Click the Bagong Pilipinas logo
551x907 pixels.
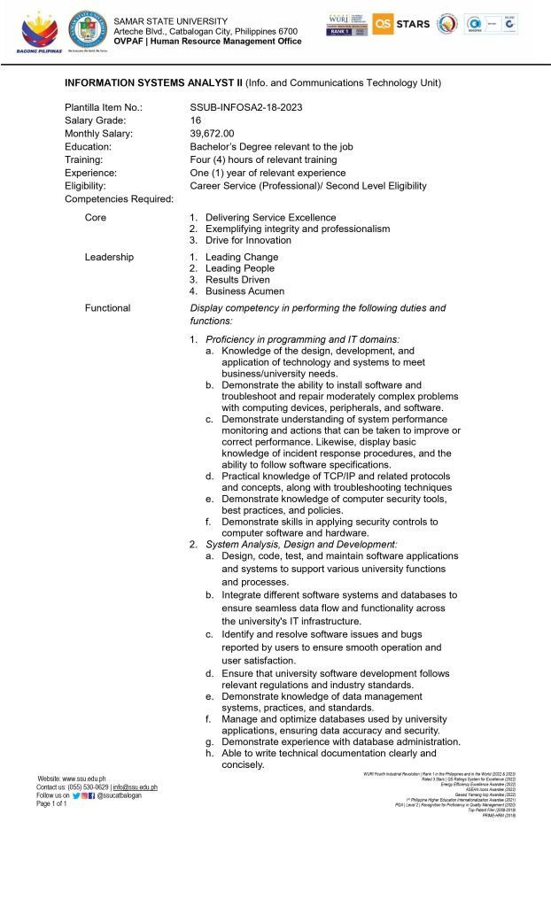(35, 30)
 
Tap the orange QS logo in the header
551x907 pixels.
(383, 24)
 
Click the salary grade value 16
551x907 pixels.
(195, 120)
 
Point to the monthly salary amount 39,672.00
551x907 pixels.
(212, 134)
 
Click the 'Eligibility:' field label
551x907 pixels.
(85, 186)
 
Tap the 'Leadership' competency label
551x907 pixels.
(109, 257)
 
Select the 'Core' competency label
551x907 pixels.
(95, 217)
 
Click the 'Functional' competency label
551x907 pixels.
(107, 308)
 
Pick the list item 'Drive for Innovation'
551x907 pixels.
(248, 240)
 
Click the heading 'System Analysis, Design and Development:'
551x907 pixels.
(301, 544)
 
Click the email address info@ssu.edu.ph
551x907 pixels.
(135, 787)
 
